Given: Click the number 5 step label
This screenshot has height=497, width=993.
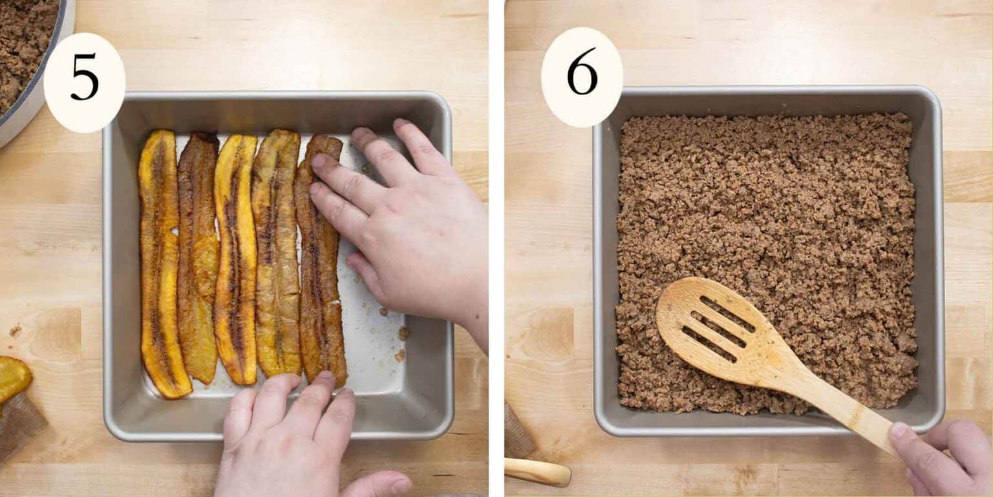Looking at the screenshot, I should tap(84, 77).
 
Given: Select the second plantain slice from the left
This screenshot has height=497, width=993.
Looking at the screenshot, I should tap(198, 259).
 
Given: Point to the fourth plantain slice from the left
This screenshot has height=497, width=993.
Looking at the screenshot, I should tap(277, 252).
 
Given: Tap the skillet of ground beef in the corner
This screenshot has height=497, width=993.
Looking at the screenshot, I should tap(26, 52).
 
